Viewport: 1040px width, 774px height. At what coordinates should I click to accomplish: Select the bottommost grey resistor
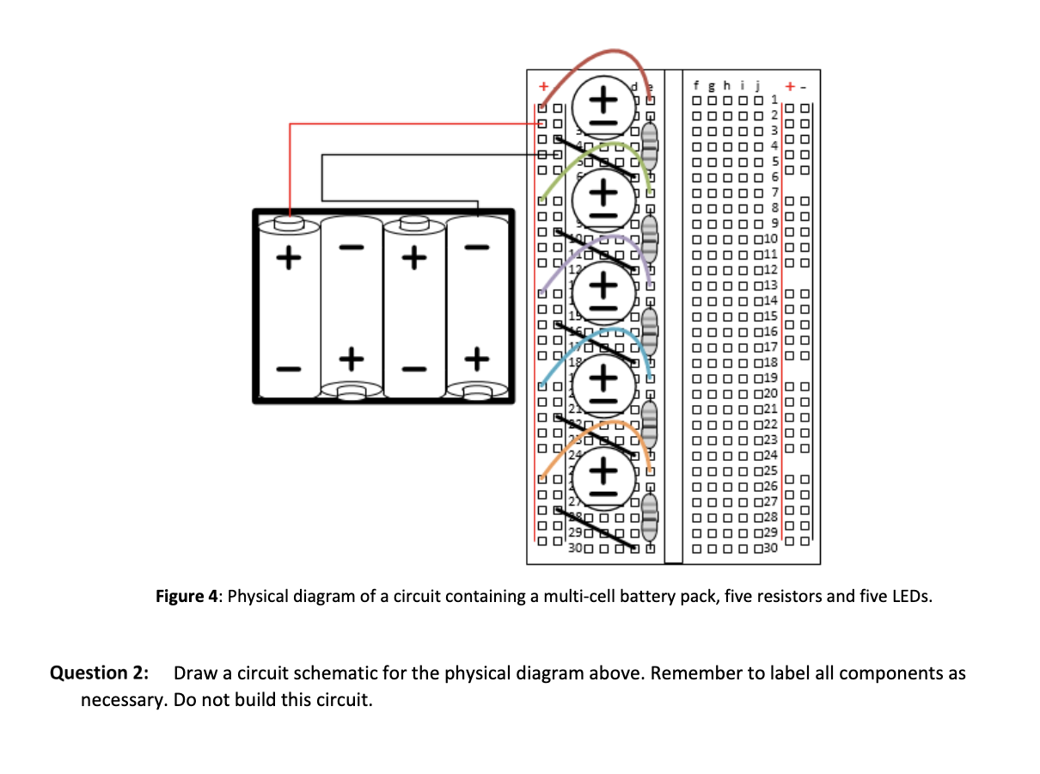coord(649,514)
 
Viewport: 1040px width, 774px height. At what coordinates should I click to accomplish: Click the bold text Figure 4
coord(187,597)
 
